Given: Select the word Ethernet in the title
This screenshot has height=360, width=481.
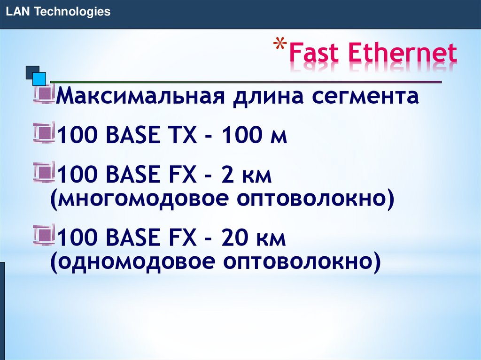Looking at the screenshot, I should pyautogui.click(x=403, y=54).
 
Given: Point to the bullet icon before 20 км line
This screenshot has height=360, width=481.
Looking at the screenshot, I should pyautogui.click(x=45, y=236).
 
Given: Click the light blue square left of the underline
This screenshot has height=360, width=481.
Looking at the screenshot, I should pyautogui.click(x=39, y=78).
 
